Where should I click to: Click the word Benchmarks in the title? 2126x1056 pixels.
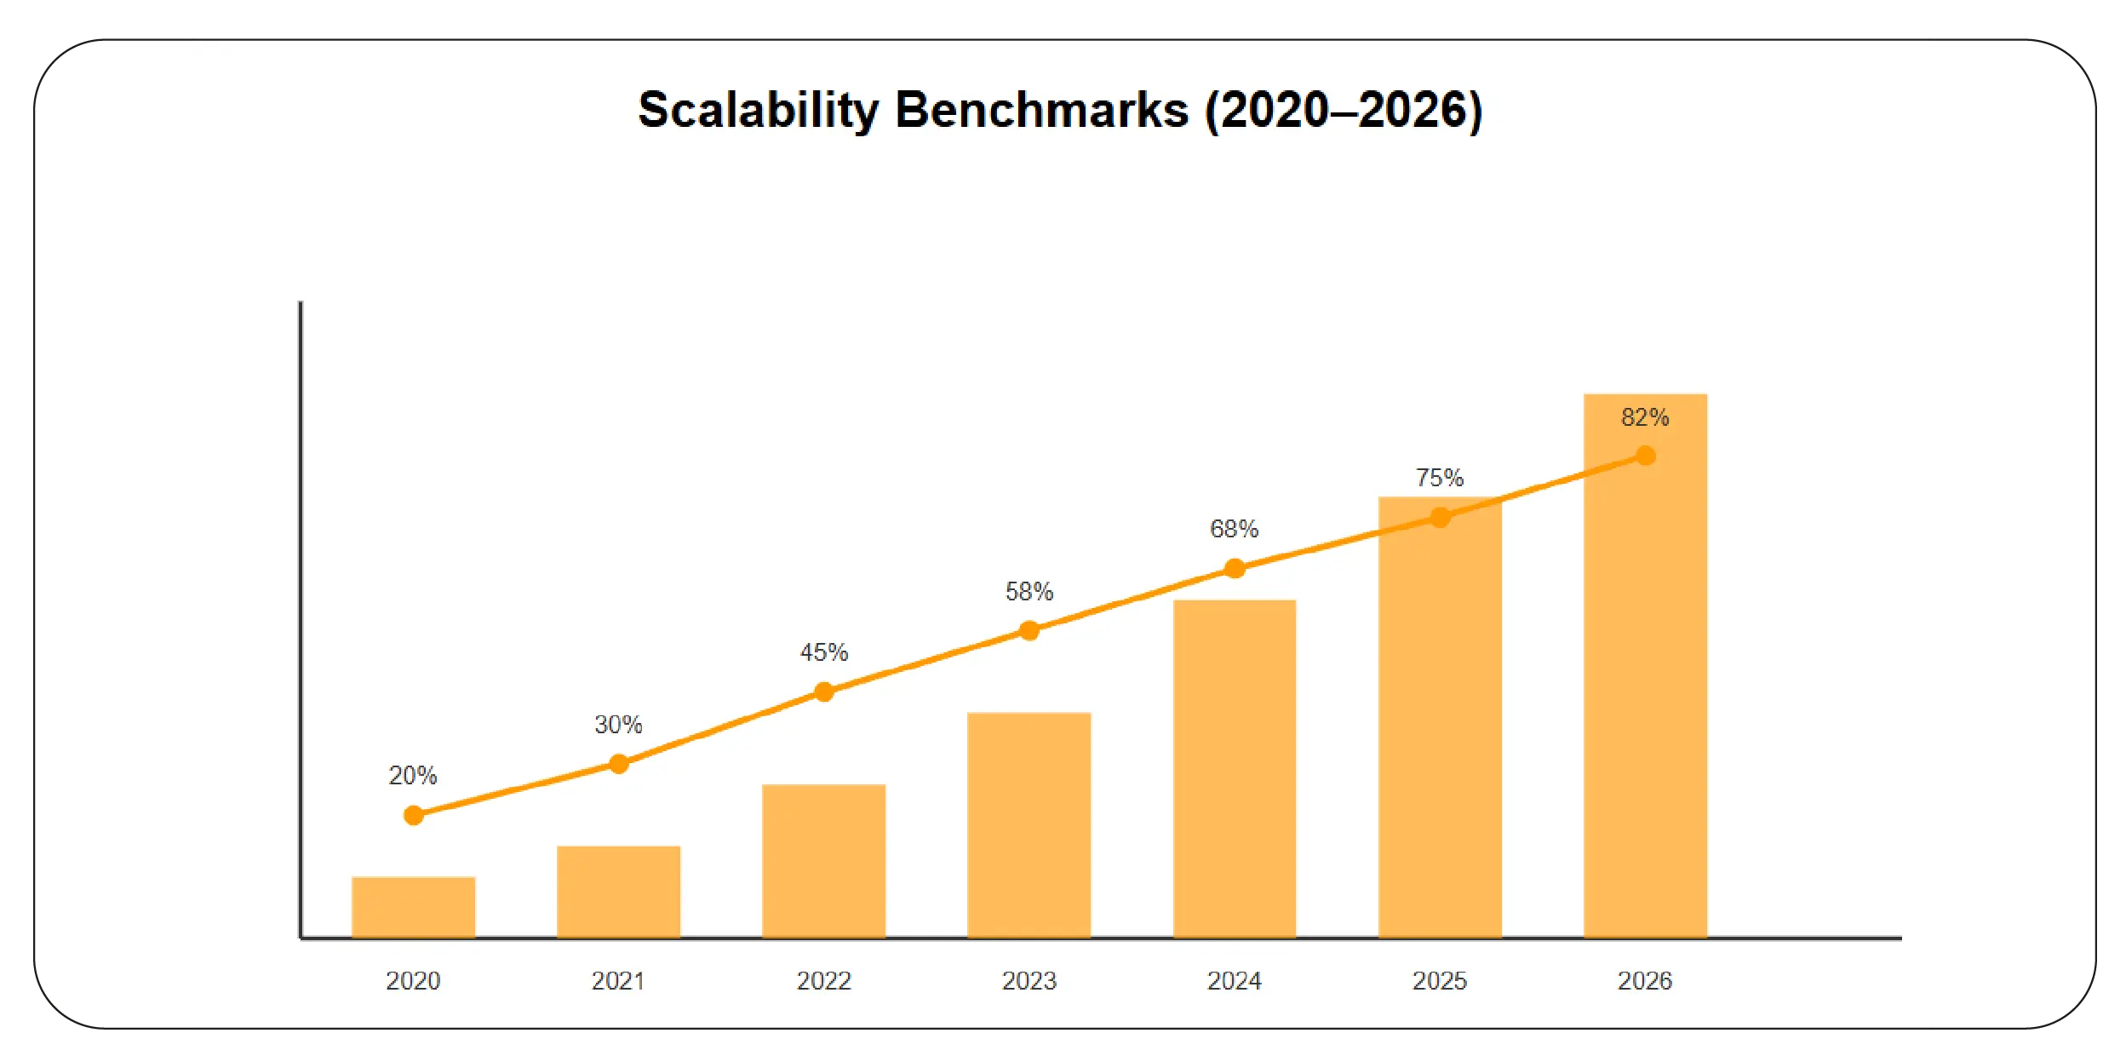1041,111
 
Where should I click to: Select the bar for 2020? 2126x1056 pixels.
413,907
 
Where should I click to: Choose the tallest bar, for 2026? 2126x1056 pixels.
1645,681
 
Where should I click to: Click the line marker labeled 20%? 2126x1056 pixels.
414,815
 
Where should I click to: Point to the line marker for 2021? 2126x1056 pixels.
619,764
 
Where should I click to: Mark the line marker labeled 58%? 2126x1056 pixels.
1029,630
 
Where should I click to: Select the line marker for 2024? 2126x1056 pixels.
1235,568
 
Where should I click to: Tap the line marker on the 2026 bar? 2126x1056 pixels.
1646,456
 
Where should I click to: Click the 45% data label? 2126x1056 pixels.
823,652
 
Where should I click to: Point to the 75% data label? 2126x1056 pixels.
1439,478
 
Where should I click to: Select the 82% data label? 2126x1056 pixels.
1644,417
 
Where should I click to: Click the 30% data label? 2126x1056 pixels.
618,725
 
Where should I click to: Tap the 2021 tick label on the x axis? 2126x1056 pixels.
618,981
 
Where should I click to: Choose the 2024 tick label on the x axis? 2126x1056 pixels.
1234,981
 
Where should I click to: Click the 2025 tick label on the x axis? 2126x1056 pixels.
1439,981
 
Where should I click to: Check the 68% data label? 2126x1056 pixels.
1234,529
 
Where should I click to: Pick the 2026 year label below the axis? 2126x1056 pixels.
1644,981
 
